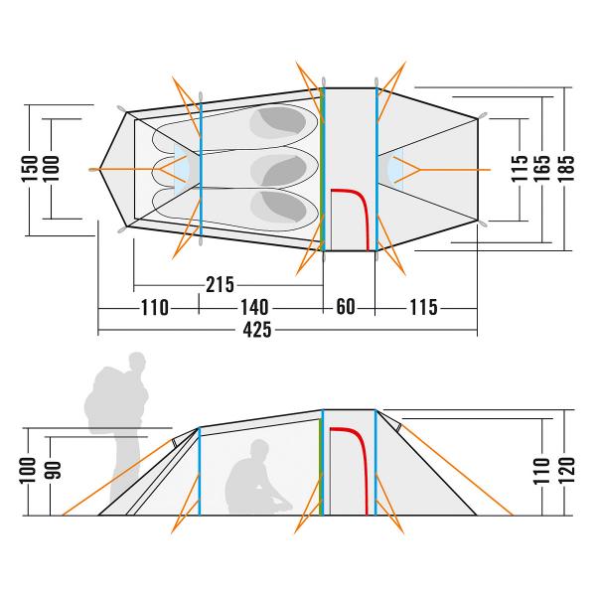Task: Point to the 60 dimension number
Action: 345,307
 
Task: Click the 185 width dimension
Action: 567,165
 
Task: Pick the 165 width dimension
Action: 543,165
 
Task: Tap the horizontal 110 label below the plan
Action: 155,307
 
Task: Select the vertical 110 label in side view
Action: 542,467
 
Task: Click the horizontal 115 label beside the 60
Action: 422,307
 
